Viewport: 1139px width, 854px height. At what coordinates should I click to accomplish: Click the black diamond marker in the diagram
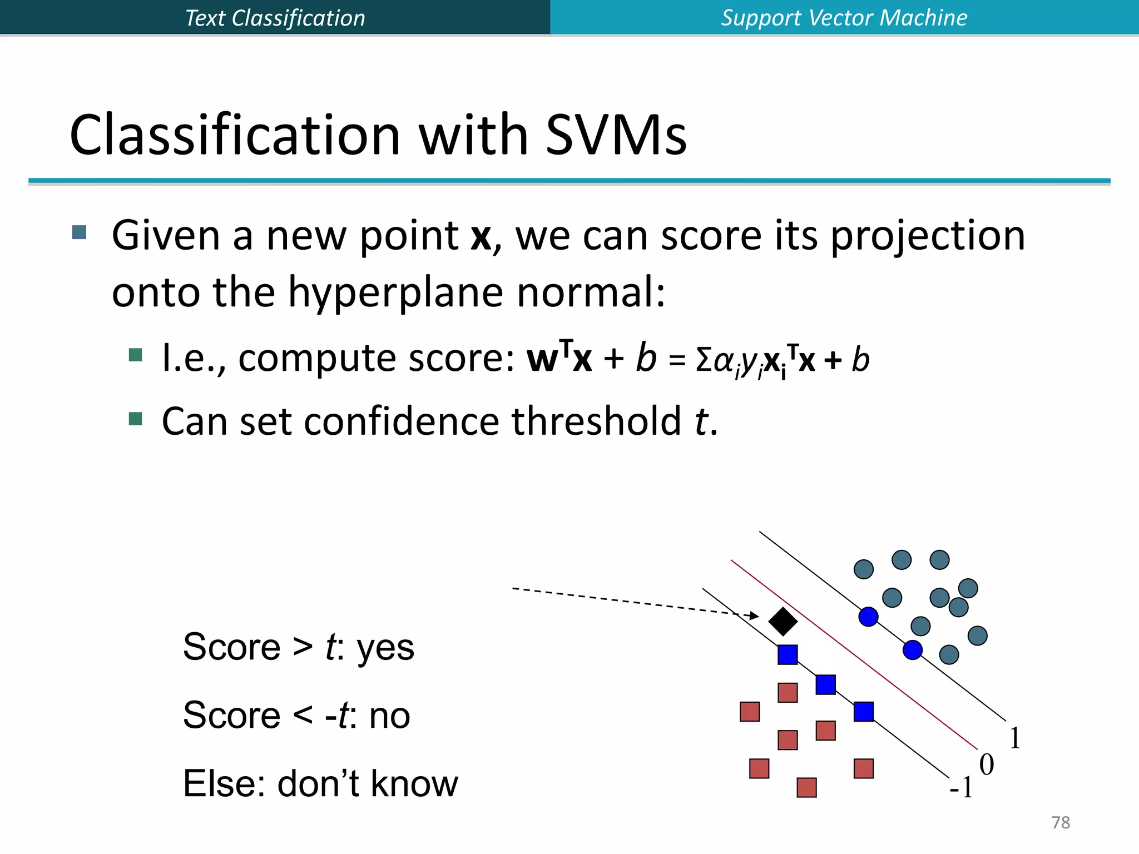783,621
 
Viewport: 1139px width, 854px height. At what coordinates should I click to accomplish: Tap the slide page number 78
1061,822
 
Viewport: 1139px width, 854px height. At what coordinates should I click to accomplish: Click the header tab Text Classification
275,18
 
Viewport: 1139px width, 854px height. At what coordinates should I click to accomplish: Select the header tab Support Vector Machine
844,18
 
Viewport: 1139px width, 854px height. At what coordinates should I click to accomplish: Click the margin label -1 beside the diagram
961,788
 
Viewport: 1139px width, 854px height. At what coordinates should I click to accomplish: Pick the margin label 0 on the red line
986,765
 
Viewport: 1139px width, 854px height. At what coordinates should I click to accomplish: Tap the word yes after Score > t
385,648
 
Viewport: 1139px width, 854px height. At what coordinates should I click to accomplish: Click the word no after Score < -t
389,716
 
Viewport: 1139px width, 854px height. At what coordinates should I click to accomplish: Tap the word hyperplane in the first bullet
395,292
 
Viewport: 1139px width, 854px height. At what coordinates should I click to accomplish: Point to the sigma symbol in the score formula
704,360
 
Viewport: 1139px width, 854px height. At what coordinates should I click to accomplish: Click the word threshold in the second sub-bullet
596,421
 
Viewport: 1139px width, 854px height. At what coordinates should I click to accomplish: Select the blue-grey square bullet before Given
80,232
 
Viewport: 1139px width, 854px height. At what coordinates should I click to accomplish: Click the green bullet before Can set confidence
135,418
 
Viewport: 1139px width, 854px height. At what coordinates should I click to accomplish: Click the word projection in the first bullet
928,236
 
